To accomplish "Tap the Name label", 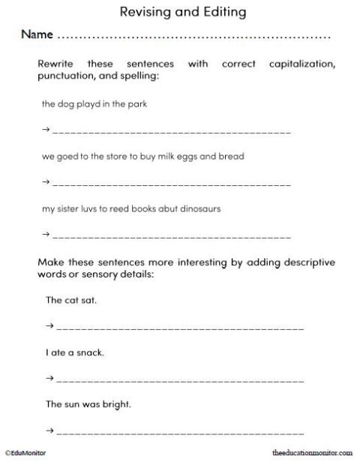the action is pos(37,34).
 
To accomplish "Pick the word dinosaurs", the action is pos(197,208).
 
